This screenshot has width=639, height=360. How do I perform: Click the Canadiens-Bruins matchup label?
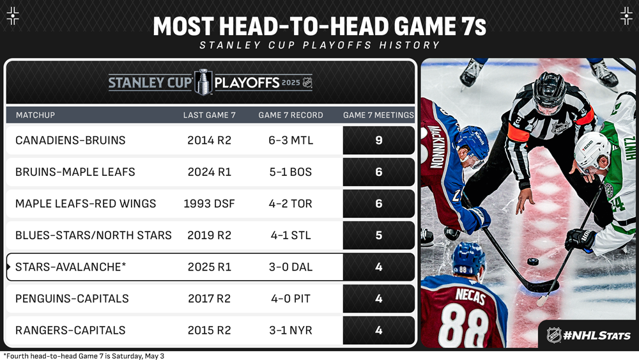point(70,140)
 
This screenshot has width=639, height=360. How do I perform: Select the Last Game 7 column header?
point(210,115)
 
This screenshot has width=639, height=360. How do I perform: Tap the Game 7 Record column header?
point(291,115)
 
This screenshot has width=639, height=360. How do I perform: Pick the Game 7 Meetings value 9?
point(378,140)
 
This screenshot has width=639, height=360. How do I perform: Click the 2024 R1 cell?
point(210,172)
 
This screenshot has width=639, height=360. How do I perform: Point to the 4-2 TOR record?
point(291,203)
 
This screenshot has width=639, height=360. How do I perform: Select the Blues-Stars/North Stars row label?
point(93,235)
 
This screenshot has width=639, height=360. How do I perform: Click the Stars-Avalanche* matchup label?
point(70,267)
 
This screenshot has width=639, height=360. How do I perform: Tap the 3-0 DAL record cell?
point(291,267)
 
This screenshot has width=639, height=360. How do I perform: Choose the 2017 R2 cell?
point(210,299)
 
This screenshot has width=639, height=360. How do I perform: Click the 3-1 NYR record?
point(291,330)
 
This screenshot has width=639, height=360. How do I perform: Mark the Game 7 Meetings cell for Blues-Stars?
point(378,235)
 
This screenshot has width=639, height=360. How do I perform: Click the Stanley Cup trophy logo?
point(203,82)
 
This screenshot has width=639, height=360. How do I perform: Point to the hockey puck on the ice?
point(533,262)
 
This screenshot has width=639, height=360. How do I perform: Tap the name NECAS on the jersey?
point(470,295)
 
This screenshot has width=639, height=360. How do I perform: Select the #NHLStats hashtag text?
point(597,336)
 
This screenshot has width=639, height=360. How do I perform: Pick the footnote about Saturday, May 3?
point(84,356)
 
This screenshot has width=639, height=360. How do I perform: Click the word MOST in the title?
point(183,26)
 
